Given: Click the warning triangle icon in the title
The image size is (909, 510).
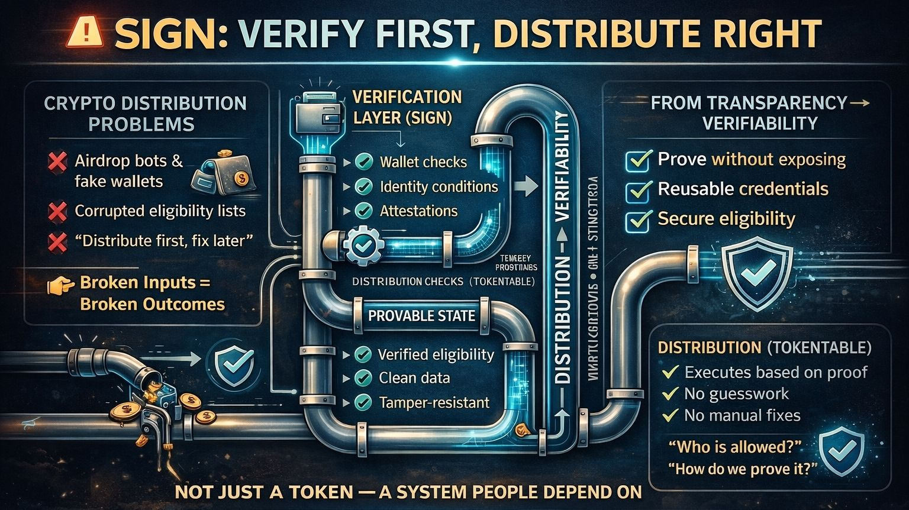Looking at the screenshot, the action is (x=83, y=33).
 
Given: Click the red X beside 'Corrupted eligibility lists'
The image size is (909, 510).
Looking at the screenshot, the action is (x=57, y=211).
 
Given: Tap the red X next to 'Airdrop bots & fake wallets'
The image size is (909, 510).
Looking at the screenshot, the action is (x=57, y=162).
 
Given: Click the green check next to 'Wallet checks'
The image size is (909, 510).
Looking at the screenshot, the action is (x=363, y=162).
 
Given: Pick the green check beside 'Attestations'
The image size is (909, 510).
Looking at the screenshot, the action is (x=363, y=211).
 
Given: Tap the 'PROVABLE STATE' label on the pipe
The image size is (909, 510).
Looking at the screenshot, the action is (x=421, y=315).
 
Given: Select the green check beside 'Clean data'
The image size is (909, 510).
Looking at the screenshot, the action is (x=362, y=378).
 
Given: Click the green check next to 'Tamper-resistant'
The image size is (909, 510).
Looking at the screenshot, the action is (x=362, y=403).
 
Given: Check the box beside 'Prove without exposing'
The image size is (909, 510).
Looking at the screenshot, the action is (x=638, y=160).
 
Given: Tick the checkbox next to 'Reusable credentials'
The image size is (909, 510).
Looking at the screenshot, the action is (x=638, y=190).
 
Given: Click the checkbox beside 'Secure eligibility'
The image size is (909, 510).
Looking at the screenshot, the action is (x=638, y=220).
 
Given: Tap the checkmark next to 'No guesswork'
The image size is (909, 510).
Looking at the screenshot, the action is (x=670, y=393).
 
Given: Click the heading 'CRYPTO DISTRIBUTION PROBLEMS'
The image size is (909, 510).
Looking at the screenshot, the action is (x=145, y=114).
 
